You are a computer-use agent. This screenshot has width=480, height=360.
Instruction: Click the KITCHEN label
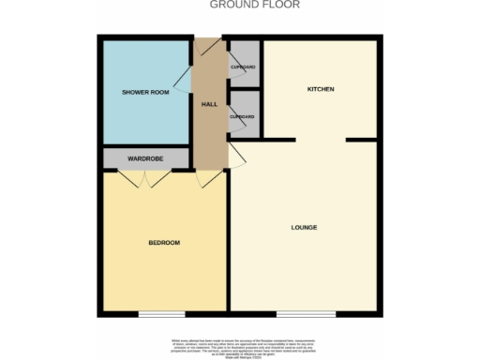click(321, 89)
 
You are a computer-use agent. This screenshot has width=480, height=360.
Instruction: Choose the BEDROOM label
click(163, 243)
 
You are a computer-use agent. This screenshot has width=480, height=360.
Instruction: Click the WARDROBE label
click(145, 159)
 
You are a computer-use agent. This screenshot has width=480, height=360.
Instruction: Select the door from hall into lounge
click(237, 155)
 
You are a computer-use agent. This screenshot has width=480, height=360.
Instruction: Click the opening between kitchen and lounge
click(321, 140)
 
